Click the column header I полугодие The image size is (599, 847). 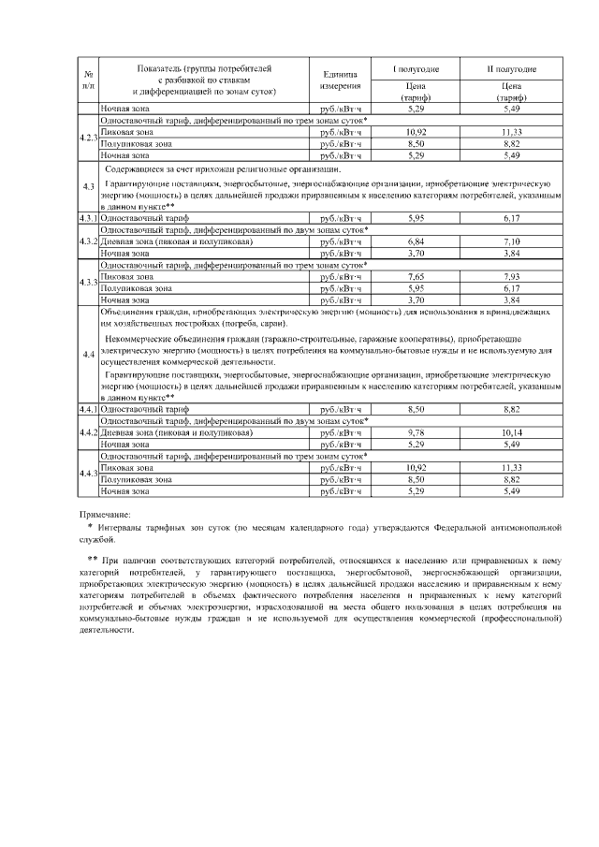pyautogui.click(x=416, y=69)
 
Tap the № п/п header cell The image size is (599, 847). pyautogui.click(x=87, y=80)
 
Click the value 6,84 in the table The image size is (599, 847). pyautogui.click(x=416, y=241)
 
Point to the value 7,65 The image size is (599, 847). pyautogui.click(x=416, y=278)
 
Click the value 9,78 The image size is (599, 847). pyautogui.click(x=416, y=433)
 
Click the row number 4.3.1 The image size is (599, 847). pyautogui.click(x=87, y=217)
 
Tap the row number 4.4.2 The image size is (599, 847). pyautogui.click(x=87, y=433)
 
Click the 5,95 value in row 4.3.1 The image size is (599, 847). pyautogui.click(x=416, y=217)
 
